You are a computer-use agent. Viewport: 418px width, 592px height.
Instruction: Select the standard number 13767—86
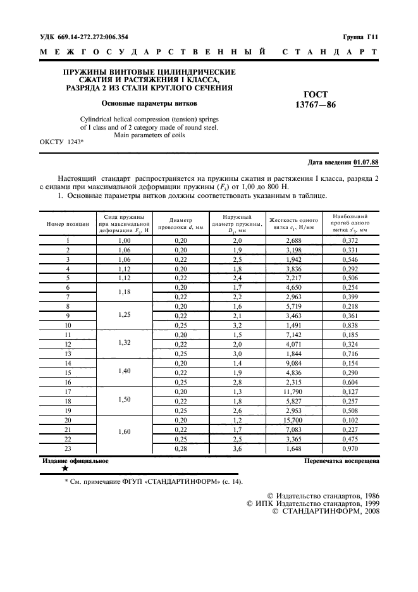(316, 105)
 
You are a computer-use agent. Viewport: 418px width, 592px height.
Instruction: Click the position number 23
(68, 448)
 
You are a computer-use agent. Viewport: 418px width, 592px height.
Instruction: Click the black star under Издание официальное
(65, 469)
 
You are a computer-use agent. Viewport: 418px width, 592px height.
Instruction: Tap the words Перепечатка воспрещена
(341, 461)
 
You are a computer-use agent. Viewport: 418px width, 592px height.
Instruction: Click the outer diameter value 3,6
(237, 448)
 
